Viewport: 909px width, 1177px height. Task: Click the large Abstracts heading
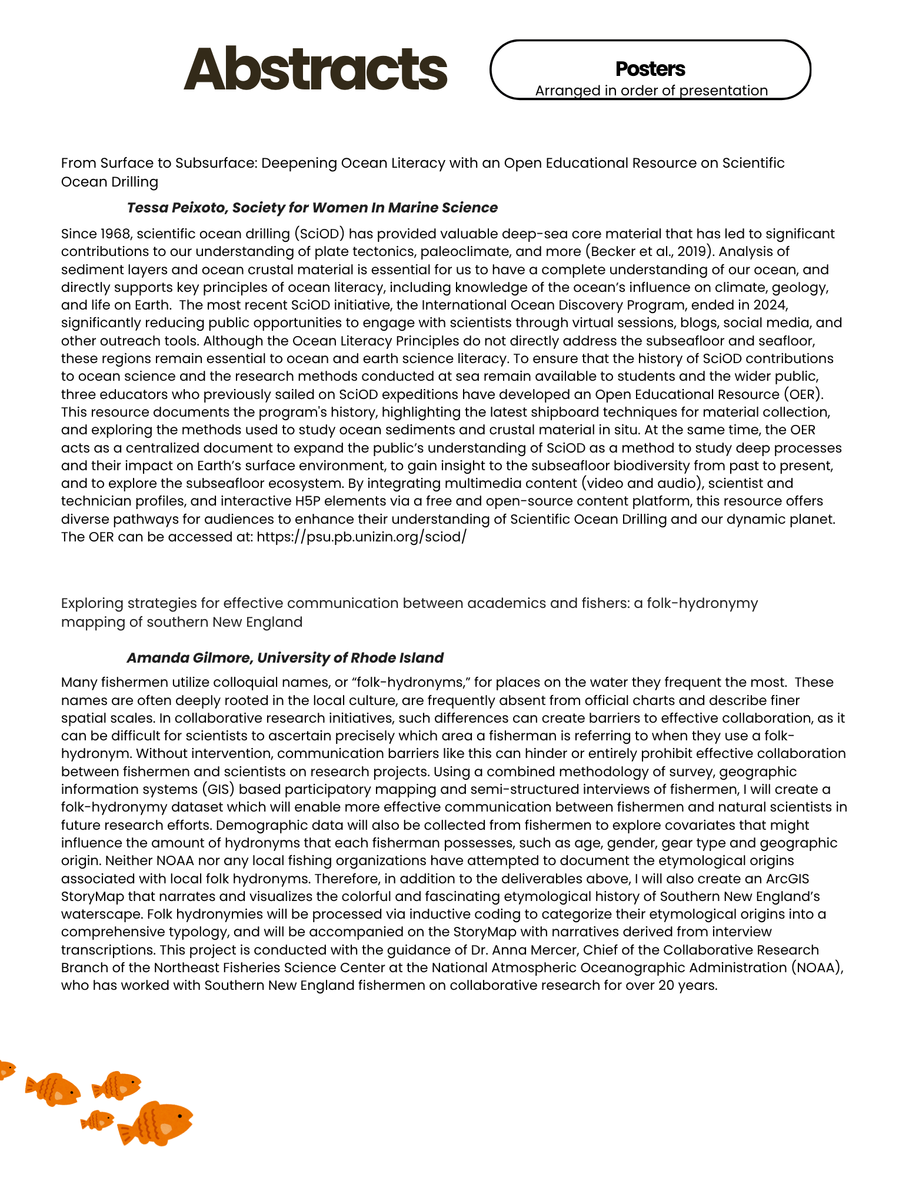(315, 69)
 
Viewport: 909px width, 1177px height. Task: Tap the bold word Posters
(650, 69)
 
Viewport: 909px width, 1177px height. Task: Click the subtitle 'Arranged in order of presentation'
(651, 91)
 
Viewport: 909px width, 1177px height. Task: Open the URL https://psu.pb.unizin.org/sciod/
(361, 537)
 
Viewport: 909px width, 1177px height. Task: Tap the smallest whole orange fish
(98, 1121)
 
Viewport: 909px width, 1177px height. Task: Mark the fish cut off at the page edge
(6, 1068)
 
